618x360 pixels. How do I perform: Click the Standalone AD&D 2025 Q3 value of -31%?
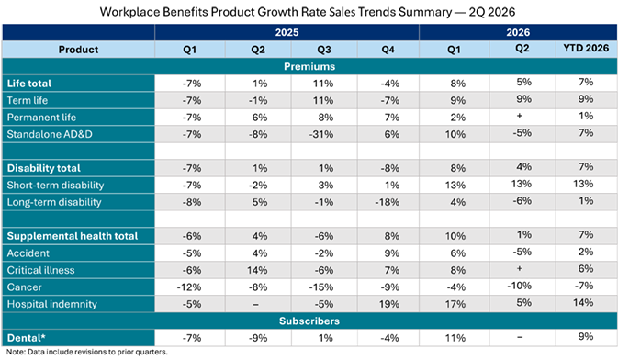point(321,134)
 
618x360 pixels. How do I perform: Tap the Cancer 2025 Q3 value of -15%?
point(321,287)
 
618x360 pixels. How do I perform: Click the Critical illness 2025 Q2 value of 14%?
point(257,270)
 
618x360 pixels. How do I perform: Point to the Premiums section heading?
point(309,66)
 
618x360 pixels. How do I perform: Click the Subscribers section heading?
point(309,321)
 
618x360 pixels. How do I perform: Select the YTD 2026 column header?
point(586,48)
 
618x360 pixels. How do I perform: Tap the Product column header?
point(78,50)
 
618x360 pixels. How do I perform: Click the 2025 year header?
point(287,32)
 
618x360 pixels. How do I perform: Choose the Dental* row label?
point(26,338)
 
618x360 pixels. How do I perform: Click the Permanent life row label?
point(41,118)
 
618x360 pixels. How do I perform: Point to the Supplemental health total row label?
point(73,236)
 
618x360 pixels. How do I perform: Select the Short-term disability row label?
point(56,186)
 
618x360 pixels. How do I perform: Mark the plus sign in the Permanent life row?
point(520,116)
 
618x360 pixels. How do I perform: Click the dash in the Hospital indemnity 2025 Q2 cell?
point(256,304)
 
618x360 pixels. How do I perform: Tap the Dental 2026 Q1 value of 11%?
point(455,338)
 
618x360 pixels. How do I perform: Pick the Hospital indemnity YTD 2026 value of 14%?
point(583,302)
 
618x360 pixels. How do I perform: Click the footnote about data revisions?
point(87,352)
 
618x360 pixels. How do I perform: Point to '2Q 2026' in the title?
point(492,12)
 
